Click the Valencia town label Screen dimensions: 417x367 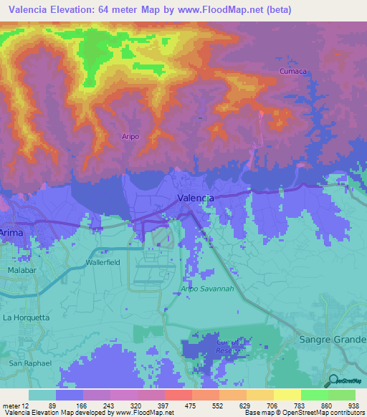(195, 198)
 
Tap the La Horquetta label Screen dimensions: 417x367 (27, 317)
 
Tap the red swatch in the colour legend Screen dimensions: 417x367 (178, 395)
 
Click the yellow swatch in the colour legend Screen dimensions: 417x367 (287, 395)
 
